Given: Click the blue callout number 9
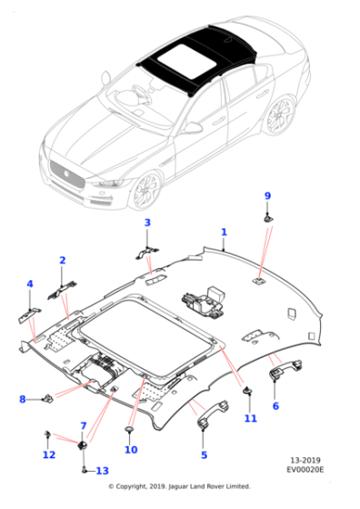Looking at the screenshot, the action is click(x=267, y=195).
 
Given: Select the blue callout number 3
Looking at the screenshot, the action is click(x=147, y=223).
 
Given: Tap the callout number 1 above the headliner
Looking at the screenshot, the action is click(x=224, y=232).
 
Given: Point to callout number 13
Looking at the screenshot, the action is click(x=102, y=471).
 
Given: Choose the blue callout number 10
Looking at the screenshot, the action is click(x=131, y=450).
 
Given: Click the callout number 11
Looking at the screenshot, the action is click(x=251, y=418).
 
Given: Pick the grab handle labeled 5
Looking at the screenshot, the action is click(x=213, y=414).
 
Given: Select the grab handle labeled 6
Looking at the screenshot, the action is click(x=285, y=369).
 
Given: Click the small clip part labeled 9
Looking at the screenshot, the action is click(x=268, y=219).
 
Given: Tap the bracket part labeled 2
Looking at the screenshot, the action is click(x=62, y=290).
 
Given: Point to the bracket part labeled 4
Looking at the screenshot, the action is click(x=29, y=315).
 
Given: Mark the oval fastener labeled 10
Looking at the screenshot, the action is click(x=129, y=429).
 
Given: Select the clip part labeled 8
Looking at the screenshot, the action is click(x=48, y=398).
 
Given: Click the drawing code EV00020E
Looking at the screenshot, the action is click(x=305, y=469).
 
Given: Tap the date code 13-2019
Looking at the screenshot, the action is click(x=305, y=460).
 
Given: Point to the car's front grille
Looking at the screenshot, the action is click(x=67, y=175).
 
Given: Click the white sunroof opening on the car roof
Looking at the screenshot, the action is click(x=187, y=61).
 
